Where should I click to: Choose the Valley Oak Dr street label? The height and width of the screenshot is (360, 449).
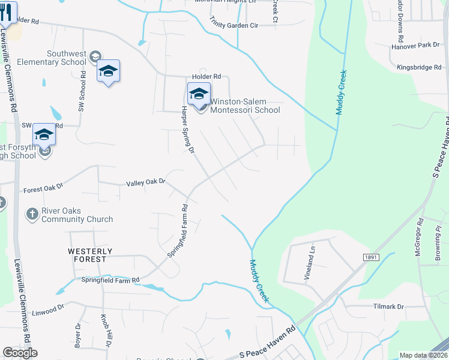(145, 182)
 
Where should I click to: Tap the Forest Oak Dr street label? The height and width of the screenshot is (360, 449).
(43, 188)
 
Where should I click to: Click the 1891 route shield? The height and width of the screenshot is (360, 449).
(370, 257)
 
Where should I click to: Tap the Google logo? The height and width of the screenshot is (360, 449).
(20, 353)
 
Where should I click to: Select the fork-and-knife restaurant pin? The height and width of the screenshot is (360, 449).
(8, 12)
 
